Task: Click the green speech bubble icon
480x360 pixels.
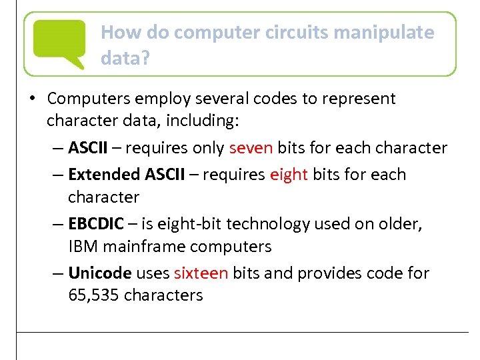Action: tap(59, 42)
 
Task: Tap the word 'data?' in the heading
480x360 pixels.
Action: tap(125, 58)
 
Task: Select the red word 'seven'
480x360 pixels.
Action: tap(251, 147)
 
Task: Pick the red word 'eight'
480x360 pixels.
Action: tap(289, 175)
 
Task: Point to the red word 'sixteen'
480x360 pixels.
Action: tap(201, 273)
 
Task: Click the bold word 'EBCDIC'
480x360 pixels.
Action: tap(96, 223)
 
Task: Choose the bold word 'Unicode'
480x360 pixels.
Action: tap(100, 273)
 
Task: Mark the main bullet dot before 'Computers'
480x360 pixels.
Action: tap(32, 99)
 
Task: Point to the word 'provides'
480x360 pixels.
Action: tap(329, 273)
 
